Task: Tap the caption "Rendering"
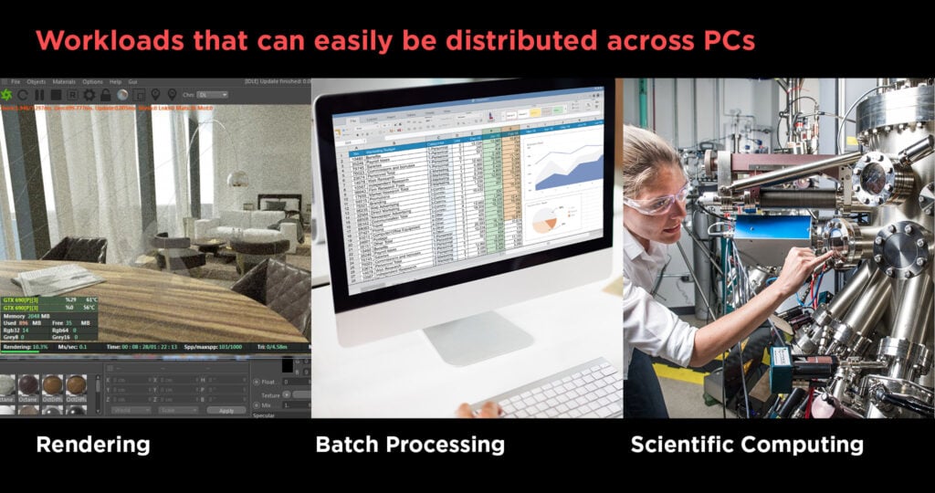(92, 446)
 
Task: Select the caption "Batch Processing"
(410, 446)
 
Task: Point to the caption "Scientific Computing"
(747, 446)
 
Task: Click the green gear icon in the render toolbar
(7, 95)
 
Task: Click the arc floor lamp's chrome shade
(238, 179)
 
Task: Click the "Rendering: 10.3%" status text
(25, 347)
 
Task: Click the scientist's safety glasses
(658, 200)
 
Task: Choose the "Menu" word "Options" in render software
(93, 82)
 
